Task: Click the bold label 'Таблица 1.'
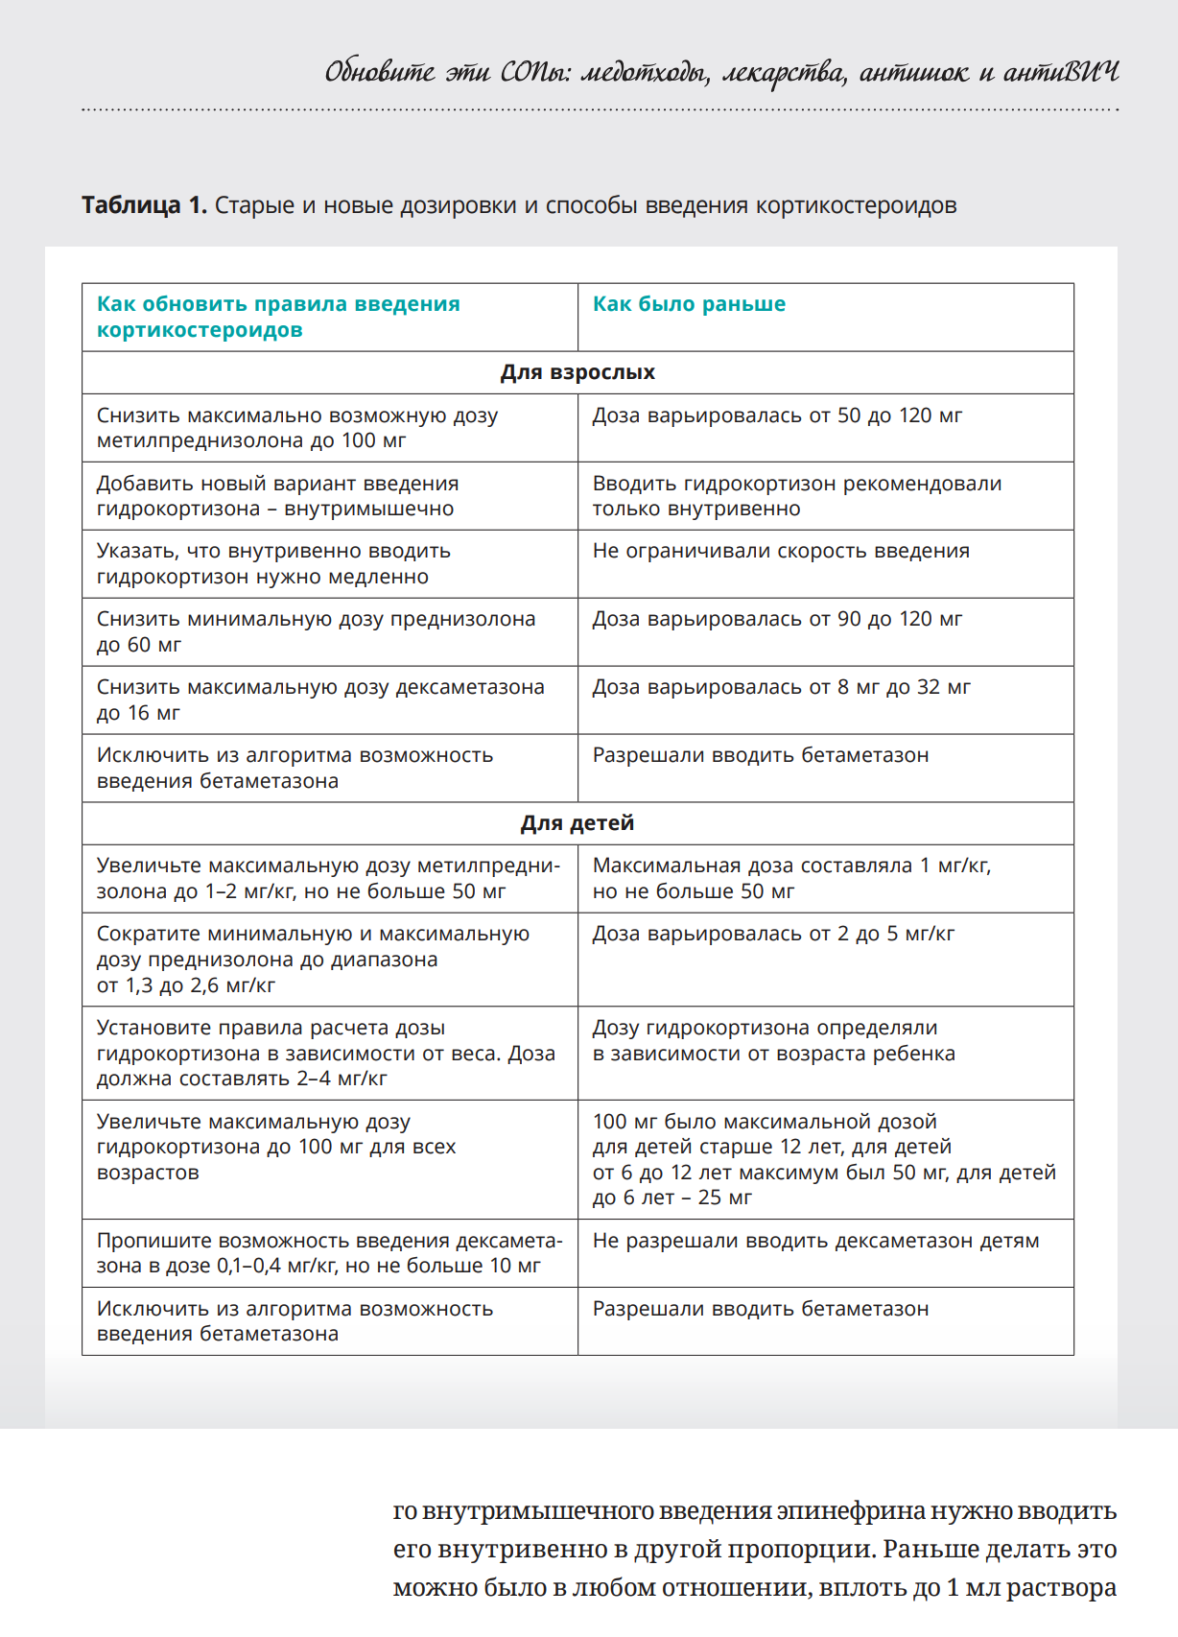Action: coord(144,205)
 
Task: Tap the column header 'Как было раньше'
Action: coord(689,304)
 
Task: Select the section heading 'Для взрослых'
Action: coord(577,372)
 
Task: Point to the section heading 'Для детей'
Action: coord(577,823)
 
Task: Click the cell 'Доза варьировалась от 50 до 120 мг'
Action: coord(777,415)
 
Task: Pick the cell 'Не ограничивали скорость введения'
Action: coord(781,551)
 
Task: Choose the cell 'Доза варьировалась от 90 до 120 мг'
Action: coord(777,619)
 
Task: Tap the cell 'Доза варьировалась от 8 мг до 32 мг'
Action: coord(781,687)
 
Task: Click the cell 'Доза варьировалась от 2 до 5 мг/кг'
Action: coord(773,934)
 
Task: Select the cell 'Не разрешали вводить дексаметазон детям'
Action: coord(815,1241)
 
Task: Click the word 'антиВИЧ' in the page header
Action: coord(1061,73)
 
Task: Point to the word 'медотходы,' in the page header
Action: coord(645,73)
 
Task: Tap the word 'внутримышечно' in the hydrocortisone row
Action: coord(369,509)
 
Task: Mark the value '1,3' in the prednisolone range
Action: coord(140,985)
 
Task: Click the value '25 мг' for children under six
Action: coord(725,1198)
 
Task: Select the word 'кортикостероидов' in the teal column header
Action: coord(200,330)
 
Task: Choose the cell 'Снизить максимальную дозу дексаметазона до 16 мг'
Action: coord(320,700)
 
